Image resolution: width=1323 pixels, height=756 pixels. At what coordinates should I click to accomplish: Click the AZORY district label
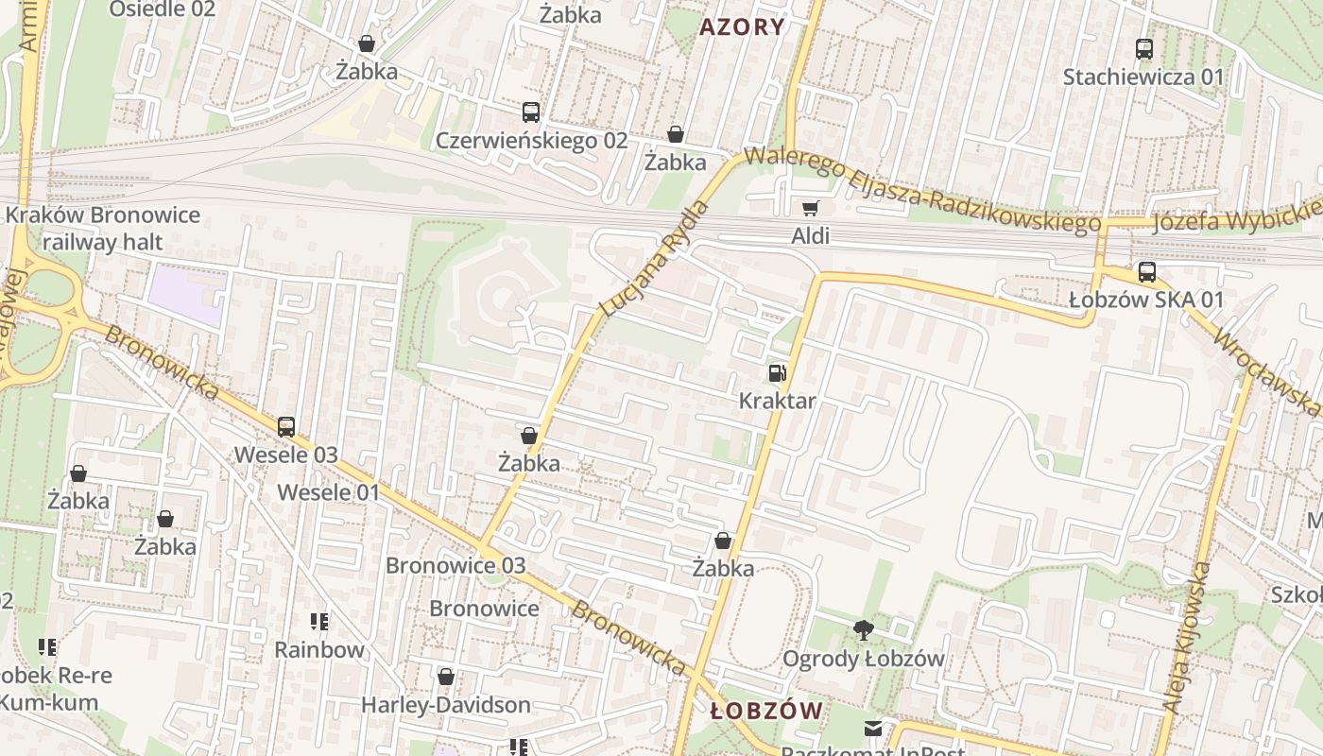coord(742,26)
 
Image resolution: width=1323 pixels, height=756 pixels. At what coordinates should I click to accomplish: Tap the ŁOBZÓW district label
coord(766,711)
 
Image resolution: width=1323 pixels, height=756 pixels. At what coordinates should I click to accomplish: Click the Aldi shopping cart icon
coord(810,208)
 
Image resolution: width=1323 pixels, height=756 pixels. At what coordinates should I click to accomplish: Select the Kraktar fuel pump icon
coord(777,373)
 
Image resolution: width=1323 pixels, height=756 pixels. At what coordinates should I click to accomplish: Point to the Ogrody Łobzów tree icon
coord(863,630)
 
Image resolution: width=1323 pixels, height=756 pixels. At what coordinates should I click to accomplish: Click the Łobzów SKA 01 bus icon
coord(1146,272)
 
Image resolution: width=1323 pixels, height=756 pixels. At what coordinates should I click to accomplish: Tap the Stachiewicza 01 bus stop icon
coord(1143,49)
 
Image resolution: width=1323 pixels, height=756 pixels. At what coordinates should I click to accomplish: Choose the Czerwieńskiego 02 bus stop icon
coord(531,112)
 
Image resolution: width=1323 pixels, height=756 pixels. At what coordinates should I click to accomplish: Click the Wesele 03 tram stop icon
coord(286,427)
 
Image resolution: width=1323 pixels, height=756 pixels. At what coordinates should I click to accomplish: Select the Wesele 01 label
coord(328,492)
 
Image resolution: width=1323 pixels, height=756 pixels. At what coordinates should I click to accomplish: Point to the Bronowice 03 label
coord(455,565)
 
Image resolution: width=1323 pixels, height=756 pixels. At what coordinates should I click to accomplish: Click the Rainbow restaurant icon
coord(319,622)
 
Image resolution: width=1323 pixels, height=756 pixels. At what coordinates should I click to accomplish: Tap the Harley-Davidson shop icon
coord(446,677)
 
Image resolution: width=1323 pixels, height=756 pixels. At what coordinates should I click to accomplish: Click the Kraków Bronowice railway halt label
coord(103,228)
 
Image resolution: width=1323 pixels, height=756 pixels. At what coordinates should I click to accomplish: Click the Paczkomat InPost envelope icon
coord(872,729)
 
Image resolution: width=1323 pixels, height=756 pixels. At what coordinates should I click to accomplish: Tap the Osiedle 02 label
coord(163,9)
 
